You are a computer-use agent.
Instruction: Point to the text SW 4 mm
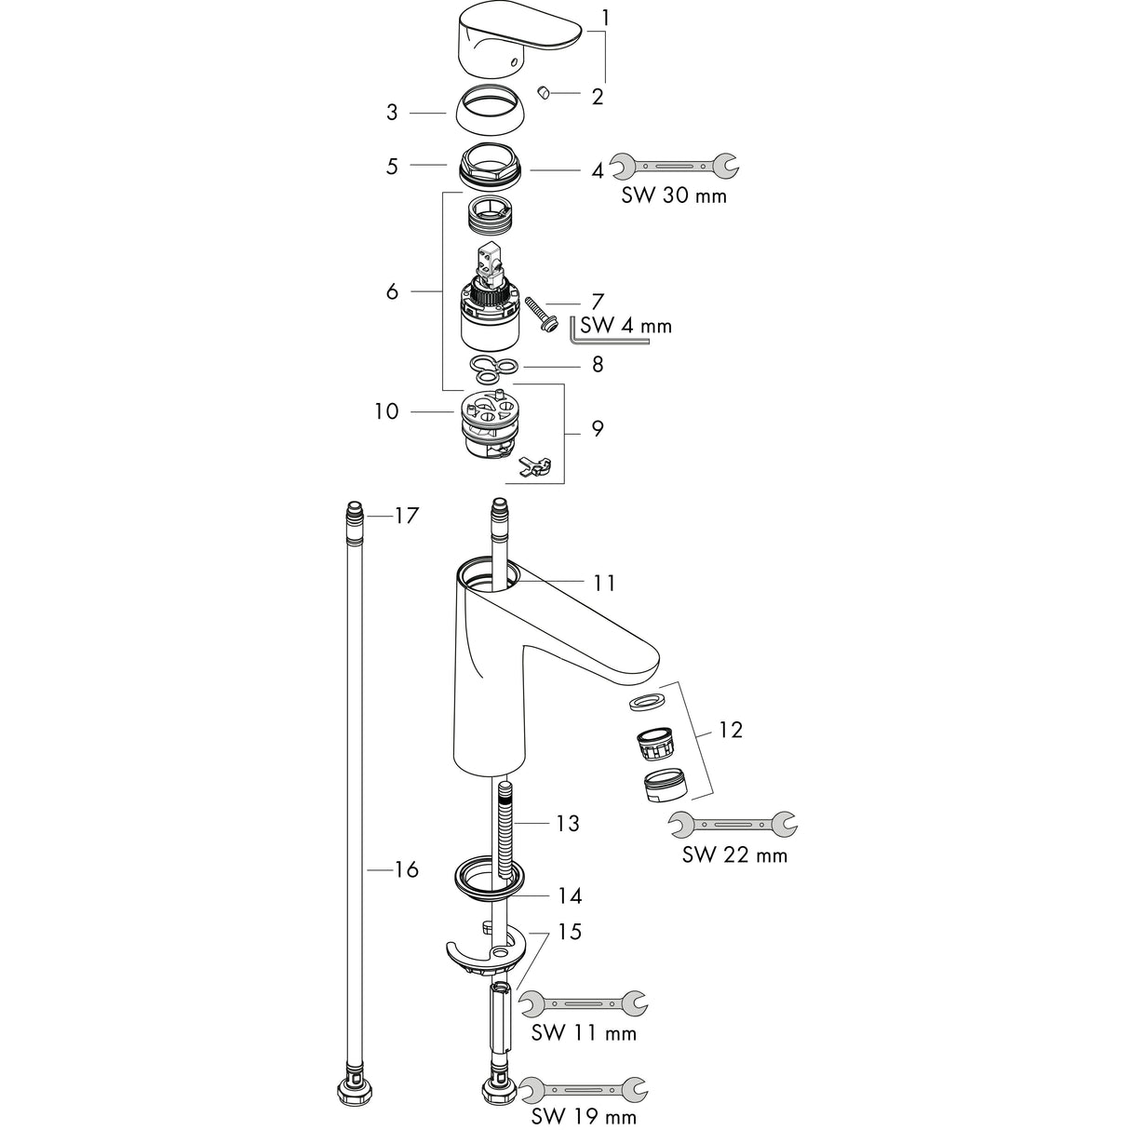click(626, 326)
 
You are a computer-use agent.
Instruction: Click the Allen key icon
click(628, 334)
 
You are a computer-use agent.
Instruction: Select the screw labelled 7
click(540, 311)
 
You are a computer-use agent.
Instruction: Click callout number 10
click(387, 410)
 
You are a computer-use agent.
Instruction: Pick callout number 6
click(392, 291)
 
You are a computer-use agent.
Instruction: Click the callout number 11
click(604, 583)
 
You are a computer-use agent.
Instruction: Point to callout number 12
click(731, 730)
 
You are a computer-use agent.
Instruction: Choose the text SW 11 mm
click(584, 1033)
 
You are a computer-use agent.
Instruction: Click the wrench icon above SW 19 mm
click(584, 1087)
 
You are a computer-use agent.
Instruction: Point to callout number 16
click(407, 869)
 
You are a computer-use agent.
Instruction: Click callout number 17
click(407, 515)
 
